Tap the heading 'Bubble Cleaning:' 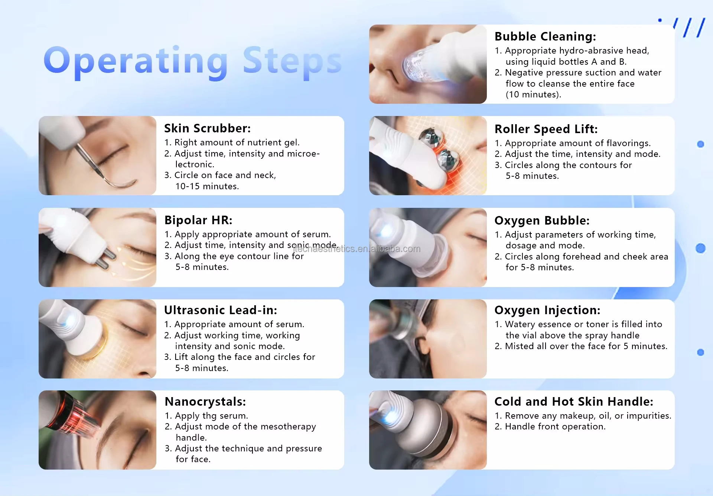(545, 36)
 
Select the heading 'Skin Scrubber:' (207, 128)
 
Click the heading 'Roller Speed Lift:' (546, 129)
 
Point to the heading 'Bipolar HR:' (198, 220)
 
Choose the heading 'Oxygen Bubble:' (542, 220)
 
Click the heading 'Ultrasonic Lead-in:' (221, 310)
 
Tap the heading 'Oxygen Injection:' (547, 310)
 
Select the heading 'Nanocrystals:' (205, 402)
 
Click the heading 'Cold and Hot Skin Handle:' (573, 402)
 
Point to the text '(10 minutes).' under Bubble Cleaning (533, 94)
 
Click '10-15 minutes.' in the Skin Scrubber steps (207, 186)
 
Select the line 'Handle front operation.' (555, 426)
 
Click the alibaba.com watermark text (356, 249)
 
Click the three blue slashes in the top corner (689, 28)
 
